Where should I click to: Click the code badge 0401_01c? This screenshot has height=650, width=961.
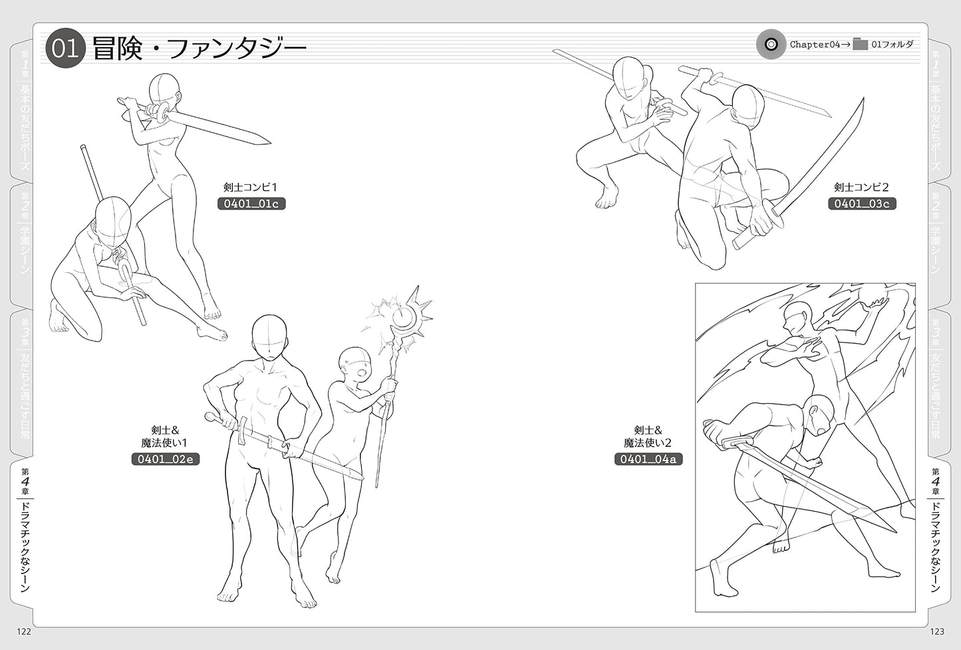coord(251,204)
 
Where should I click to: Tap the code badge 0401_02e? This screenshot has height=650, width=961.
coord(165,459)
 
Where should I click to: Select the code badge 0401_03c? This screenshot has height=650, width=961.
coord(862,204)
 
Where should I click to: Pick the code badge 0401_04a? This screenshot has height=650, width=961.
coord(648,459)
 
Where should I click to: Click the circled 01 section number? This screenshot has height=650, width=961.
coord(66,48)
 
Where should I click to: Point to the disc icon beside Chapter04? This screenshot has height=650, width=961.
coord(771,44)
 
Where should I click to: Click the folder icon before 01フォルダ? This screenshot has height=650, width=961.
coord(860,44)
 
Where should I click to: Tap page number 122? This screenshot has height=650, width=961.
coord(24,631)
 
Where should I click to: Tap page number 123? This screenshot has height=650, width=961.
coord(937,631)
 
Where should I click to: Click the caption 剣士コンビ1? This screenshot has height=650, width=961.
coord(250,187)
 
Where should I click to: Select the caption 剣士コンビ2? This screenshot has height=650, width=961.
coord(861,187)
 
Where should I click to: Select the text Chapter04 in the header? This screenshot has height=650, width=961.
coord(815,45)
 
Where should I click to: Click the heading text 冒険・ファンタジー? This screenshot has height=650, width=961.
coord(199,49)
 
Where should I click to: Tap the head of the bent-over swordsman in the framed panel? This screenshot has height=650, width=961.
coord(819,414)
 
